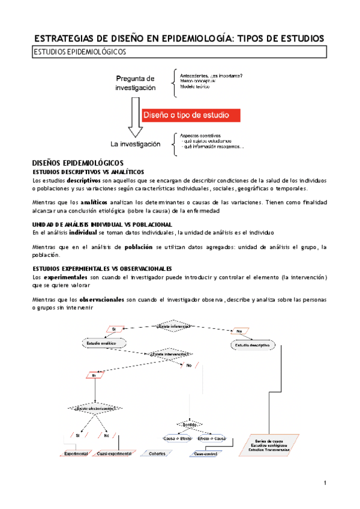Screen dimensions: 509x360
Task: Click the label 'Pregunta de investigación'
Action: pos(136,83)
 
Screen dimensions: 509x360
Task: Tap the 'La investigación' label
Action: pos(136,145)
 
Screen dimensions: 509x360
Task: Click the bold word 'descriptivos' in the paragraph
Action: pos(83,180)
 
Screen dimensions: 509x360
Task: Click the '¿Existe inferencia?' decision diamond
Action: pos(173,326)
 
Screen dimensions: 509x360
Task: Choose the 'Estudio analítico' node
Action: pos(104,343)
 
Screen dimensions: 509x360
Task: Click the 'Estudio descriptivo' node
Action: pos(252,346)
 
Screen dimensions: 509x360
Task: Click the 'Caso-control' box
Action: pos(207,454)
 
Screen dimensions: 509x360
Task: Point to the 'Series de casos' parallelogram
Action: pos(269,445)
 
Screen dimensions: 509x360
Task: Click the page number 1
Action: pos(325,483)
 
